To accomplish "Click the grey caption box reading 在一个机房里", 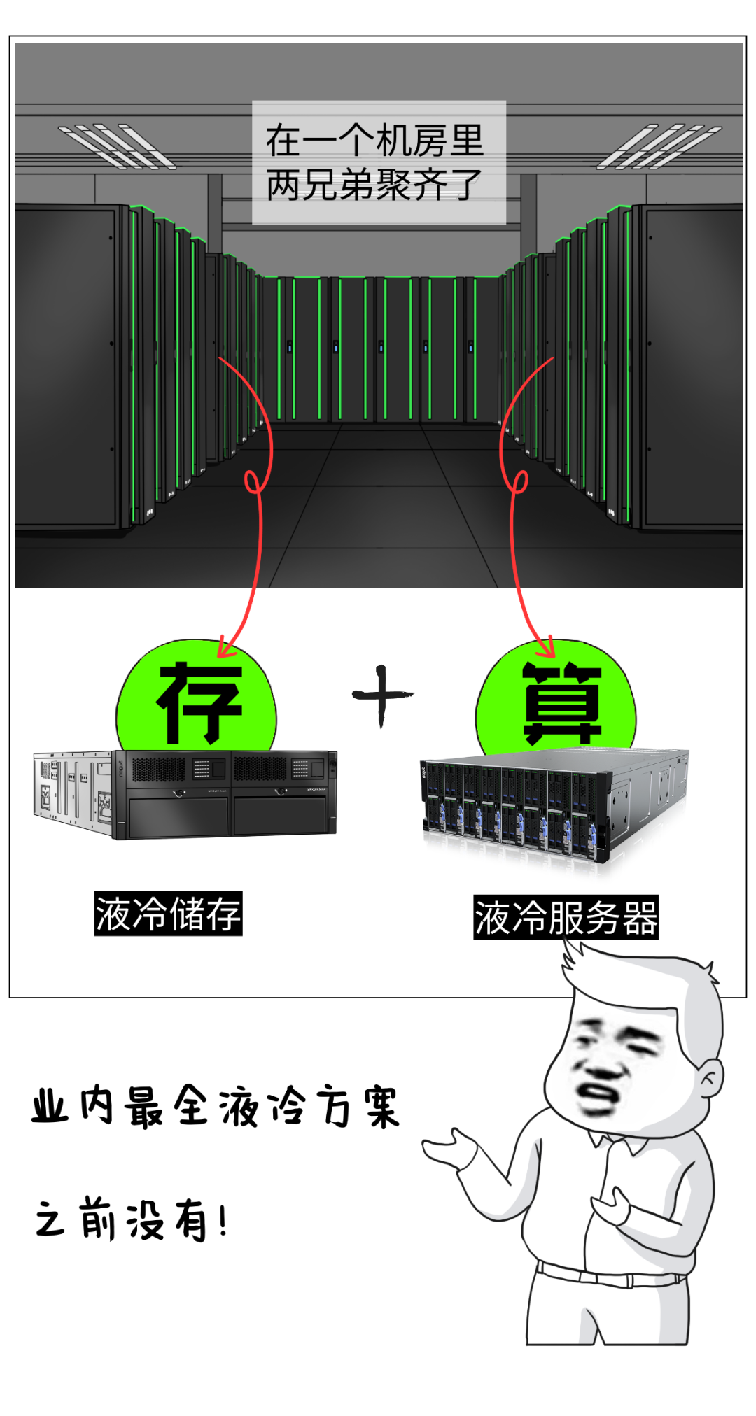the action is click(x=379, y=162).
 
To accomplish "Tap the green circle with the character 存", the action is click(x=197, y=700).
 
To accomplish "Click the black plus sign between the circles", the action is click(x=381, y=695).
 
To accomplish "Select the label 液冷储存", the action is click(x=168, y=914).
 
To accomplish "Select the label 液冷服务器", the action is click(x=566, y=917).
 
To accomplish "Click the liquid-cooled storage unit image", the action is click(x=185, y=794).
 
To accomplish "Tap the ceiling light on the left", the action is click(x=115, y=146).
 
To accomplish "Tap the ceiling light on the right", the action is click(x=658, y=146).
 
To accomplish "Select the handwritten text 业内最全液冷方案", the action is click(x=215, y=1107).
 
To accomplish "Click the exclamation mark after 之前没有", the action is click(x=223, y=1222).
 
